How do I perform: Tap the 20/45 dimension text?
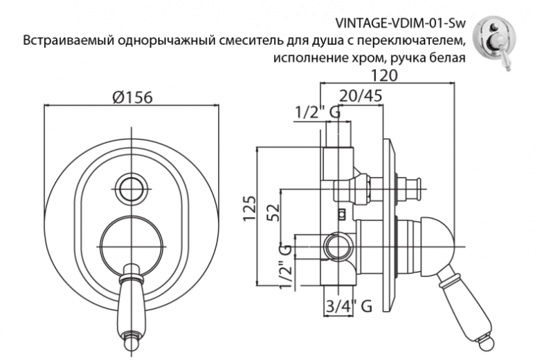[x=360, y=95]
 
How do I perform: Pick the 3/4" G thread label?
[x=347, y=307]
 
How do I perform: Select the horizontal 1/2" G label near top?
[x=316, y=113]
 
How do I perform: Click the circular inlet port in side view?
[x=335, y=245]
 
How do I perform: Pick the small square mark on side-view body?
[x=342, y=215]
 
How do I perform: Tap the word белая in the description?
[x=446, y=57]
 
